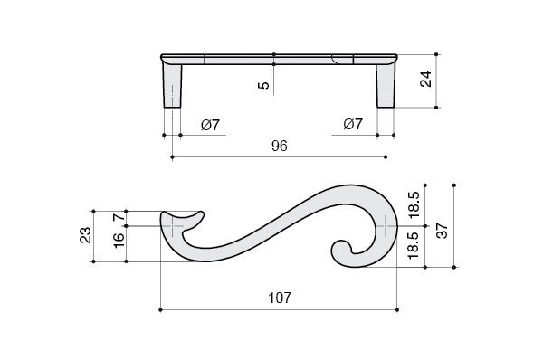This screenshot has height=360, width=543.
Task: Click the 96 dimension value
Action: [x=280, y=146]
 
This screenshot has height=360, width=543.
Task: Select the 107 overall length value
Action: [x=280, y=298]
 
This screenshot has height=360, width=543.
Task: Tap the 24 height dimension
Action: [x=426, y=79]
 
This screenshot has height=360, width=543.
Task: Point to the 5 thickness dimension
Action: [x=264, y=85]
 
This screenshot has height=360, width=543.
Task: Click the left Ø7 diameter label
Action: [x=210, y=125]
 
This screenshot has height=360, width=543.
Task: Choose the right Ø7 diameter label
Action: [x=353, y=124]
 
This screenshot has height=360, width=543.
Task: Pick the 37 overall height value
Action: [x=443, y=231]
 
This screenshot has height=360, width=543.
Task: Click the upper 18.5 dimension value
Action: [x=414, y=204]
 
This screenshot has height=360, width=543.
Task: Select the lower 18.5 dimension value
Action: [x=414, y=245]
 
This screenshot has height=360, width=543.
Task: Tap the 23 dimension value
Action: [x=86, y=235]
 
